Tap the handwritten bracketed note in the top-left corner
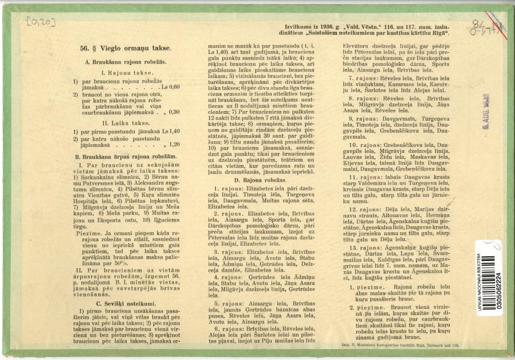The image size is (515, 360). point(40,23)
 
